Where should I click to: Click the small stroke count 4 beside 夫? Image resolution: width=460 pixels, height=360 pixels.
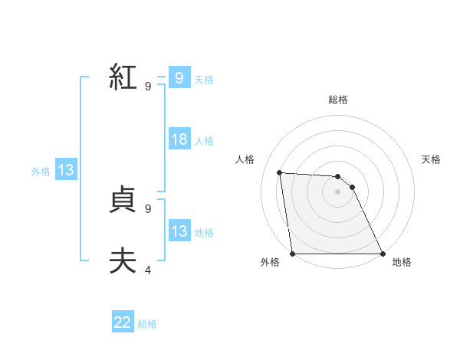point(149,270)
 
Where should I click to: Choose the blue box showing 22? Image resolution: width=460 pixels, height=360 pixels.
point(123,323)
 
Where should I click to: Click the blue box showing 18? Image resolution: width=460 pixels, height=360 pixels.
point(179,139)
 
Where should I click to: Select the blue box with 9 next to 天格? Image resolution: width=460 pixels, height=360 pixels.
point(179,78)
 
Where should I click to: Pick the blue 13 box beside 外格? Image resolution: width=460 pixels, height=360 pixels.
point(66,171)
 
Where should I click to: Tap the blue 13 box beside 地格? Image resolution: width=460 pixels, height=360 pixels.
point(179,231)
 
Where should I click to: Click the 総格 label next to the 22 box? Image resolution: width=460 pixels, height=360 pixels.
point(147,324)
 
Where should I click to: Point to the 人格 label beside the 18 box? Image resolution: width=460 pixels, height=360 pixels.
point(204,141)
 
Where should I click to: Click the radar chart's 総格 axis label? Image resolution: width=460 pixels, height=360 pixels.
point(337,100)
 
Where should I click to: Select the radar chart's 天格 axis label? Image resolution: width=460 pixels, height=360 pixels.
point(431,159)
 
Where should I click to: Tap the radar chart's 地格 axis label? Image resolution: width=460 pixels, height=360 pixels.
point(402,262)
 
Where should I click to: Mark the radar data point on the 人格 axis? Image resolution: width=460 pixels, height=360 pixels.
point(279,172)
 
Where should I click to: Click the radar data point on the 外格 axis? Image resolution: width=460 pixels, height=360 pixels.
point(292,254)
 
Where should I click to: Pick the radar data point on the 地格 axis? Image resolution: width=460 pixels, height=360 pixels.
point(382,254)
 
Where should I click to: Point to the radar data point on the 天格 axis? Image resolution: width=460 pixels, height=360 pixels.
point(352,187)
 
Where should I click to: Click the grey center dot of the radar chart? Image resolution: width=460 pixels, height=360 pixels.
point(337,191)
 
